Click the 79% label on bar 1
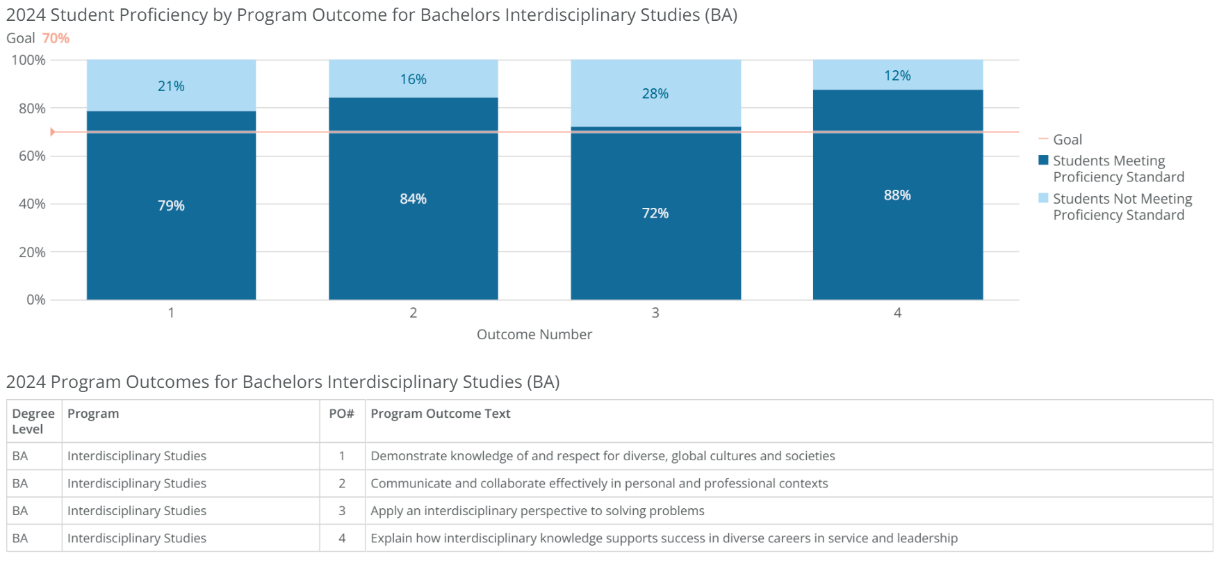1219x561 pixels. [x=171, y=206]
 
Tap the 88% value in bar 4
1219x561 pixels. [x=897, y=195]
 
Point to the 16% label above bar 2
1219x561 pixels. [x=413, y=79]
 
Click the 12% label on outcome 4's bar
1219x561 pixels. [x=897, y=76]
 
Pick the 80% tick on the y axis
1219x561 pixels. [x=32, y=108]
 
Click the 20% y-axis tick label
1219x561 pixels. [x=32, y=252]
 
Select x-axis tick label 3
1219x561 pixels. [x=655, y=313]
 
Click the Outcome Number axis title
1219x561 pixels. [x=534, y=334]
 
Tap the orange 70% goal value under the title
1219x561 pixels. [x=56, y=38]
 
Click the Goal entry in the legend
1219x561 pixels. [x=1067, y=140]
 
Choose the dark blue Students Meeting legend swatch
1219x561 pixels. [x=1043, y=161]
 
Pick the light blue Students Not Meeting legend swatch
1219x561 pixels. [x=1043, y=199]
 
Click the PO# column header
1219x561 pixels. [x=341, y=414]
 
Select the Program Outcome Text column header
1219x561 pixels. [x=440, y=414]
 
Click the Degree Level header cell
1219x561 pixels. [x=33, y=421]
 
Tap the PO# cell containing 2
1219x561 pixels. [x=342, y=483]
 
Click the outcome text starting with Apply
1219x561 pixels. [x=537, y=511]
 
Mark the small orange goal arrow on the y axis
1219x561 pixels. [x=52, y=131]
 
